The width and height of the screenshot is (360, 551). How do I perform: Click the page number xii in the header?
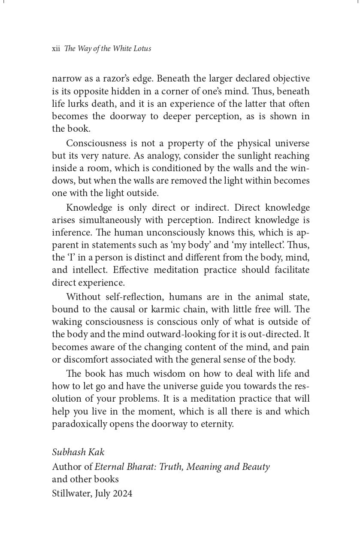(x=56, y=49)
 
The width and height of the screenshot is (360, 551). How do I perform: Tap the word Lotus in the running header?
(x=142, y=49)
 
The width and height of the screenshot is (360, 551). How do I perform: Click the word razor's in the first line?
(x=124, y=79)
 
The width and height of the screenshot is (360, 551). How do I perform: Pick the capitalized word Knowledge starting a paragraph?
(x=90, y=208)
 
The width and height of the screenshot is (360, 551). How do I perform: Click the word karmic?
(x=161, y=309)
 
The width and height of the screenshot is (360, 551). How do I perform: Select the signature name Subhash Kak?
(x=78, y=452)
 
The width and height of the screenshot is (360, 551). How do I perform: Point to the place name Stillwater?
(x=70, y=493)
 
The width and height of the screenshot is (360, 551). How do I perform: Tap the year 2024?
(x=122, y=493)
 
